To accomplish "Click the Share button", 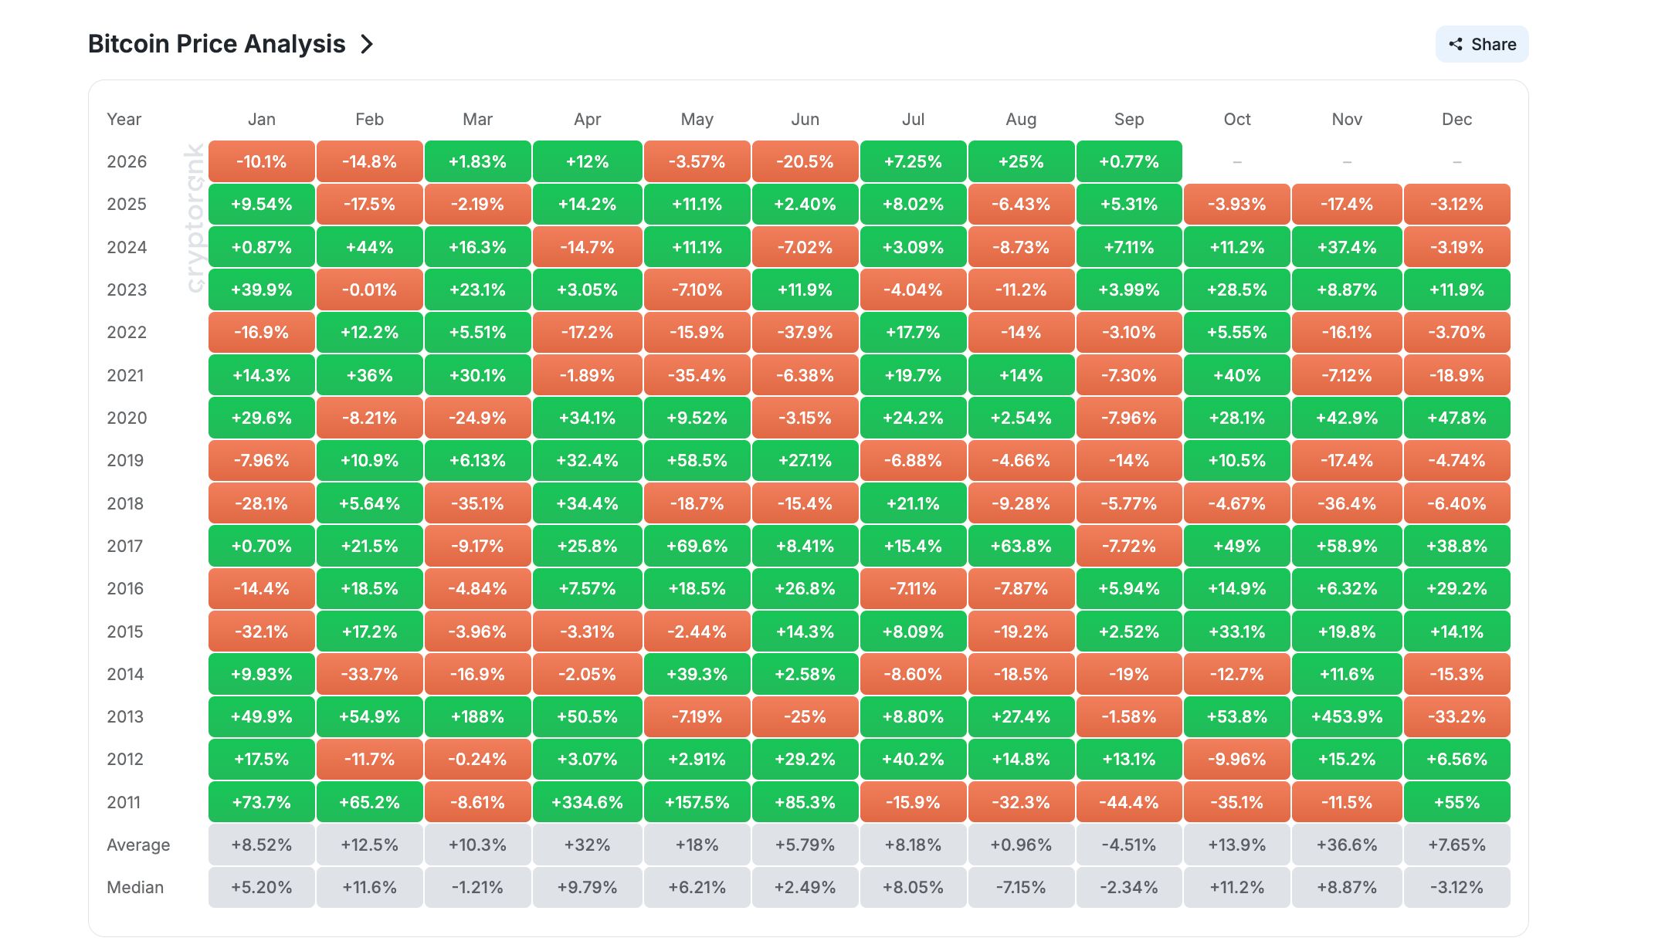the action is [x=1481, y=44].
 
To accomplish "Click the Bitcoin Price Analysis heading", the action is [x=216, y=44].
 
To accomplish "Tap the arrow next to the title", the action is [x=367, y=44].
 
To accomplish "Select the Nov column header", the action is [x=1347, y=119].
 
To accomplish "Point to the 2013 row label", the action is [x=125, y=716].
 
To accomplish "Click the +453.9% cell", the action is [x=1347, y=716].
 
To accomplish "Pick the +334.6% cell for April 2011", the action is [x=587, y=802].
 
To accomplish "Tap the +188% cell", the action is [x=477, y=716].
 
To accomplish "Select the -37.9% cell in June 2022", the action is [x=805, y=332].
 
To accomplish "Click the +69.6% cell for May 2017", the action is [x=697, y=546].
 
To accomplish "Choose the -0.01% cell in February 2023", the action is [x=369, y=289].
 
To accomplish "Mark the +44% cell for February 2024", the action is [x=369, y=247].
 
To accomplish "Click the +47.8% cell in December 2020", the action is [x=1456, y=418].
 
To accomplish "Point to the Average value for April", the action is [x=587, y=845].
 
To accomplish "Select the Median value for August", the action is [x=1021, y=887].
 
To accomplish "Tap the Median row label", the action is [x=135, y=887].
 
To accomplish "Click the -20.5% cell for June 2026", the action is [x=805, y=161].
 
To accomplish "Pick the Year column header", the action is [x=124, y=119].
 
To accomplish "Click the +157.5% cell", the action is [x=697, y=802].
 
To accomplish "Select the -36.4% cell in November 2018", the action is [x=1347, y=503].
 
